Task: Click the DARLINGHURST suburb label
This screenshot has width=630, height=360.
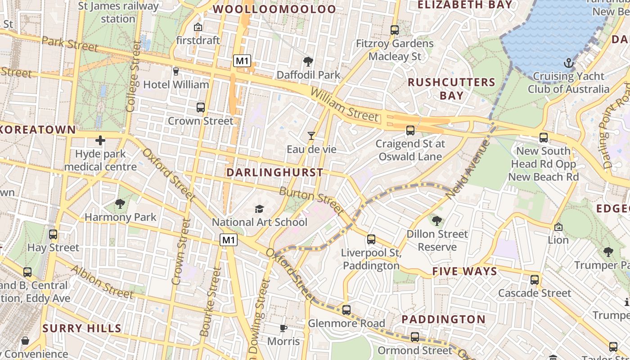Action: tap(274, 172)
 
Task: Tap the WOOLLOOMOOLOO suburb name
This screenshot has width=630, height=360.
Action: tap(274, 9)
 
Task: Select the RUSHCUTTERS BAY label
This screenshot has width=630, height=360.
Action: tap(451, 89)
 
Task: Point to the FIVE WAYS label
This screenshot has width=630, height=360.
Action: tap(465, 271)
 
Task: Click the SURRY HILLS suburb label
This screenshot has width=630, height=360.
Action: tap(82, 328)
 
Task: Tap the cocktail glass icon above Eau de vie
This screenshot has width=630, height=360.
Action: tap(311, 135)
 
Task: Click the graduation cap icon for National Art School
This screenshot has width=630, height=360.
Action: tap(259, 209)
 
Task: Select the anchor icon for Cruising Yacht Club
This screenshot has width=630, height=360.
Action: tap(568, 63)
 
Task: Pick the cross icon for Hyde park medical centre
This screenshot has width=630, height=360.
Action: tap(100, 141)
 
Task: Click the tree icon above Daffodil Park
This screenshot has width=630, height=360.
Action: tap(308, 62)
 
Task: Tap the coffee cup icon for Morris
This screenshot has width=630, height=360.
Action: tap(283, 328)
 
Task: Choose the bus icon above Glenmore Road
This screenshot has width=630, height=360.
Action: tap(346, 310)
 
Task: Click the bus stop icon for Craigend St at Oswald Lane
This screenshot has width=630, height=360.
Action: tap(410, 130)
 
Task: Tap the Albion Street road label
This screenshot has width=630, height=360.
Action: tap(102, 282)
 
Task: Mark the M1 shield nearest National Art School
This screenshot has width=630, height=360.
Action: tap(229, 240)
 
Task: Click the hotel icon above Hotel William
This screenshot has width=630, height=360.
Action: tap(176, 71)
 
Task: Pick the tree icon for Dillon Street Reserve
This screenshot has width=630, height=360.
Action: tap(436, 220)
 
